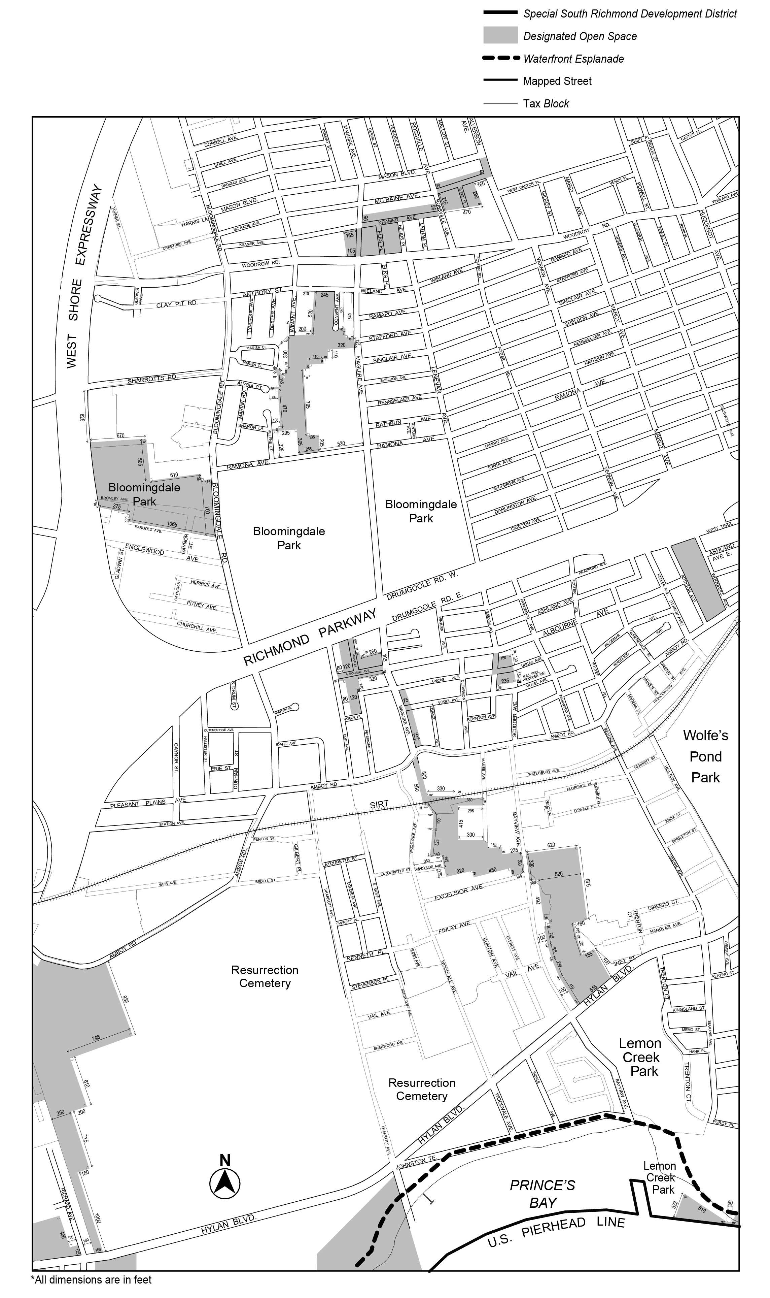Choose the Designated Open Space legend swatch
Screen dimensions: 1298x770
point(500,35)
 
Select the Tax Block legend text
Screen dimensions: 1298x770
point(546,103)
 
